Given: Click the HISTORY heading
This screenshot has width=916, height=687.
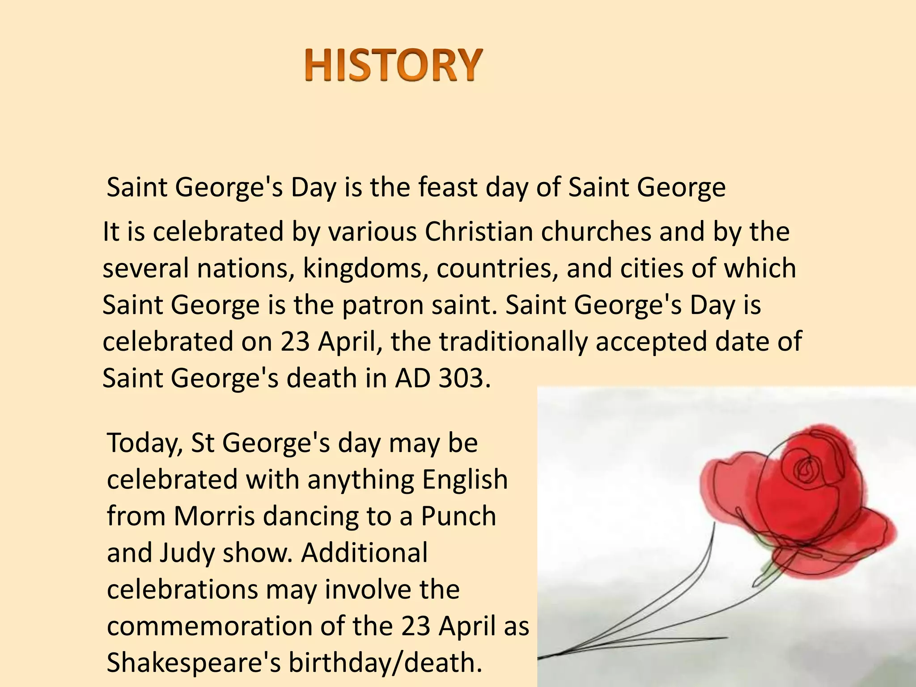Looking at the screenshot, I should [394, 65].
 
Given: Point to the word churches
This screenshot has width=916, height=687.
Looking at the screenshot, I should [596, 232].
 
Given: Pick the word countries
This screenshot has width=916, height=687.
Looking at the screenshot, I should [497, 269].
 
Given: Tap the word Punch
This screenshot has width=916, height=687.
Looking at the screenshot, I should [458, 517].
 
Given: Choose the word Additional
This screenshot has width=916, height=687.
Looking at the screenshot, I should [364, 553].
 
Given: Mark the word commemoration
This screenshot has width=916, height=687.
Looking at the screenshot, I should [209, 627].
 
